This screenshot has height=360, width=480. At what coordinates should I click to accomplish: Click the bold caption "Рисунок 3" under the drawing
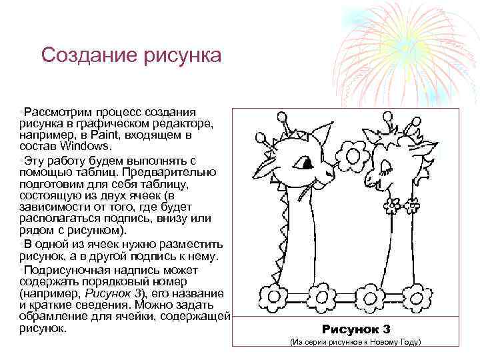coord(356,329)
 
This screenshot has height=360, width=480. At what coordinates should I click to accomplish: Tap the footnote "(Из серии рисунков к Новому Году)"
coord(355,343)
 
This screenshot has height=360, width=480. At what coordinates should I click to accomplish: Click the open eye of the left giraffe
coord(306,163)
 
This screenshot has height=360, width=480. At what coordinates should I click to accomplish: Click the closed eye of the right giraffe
coord(385,163)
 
